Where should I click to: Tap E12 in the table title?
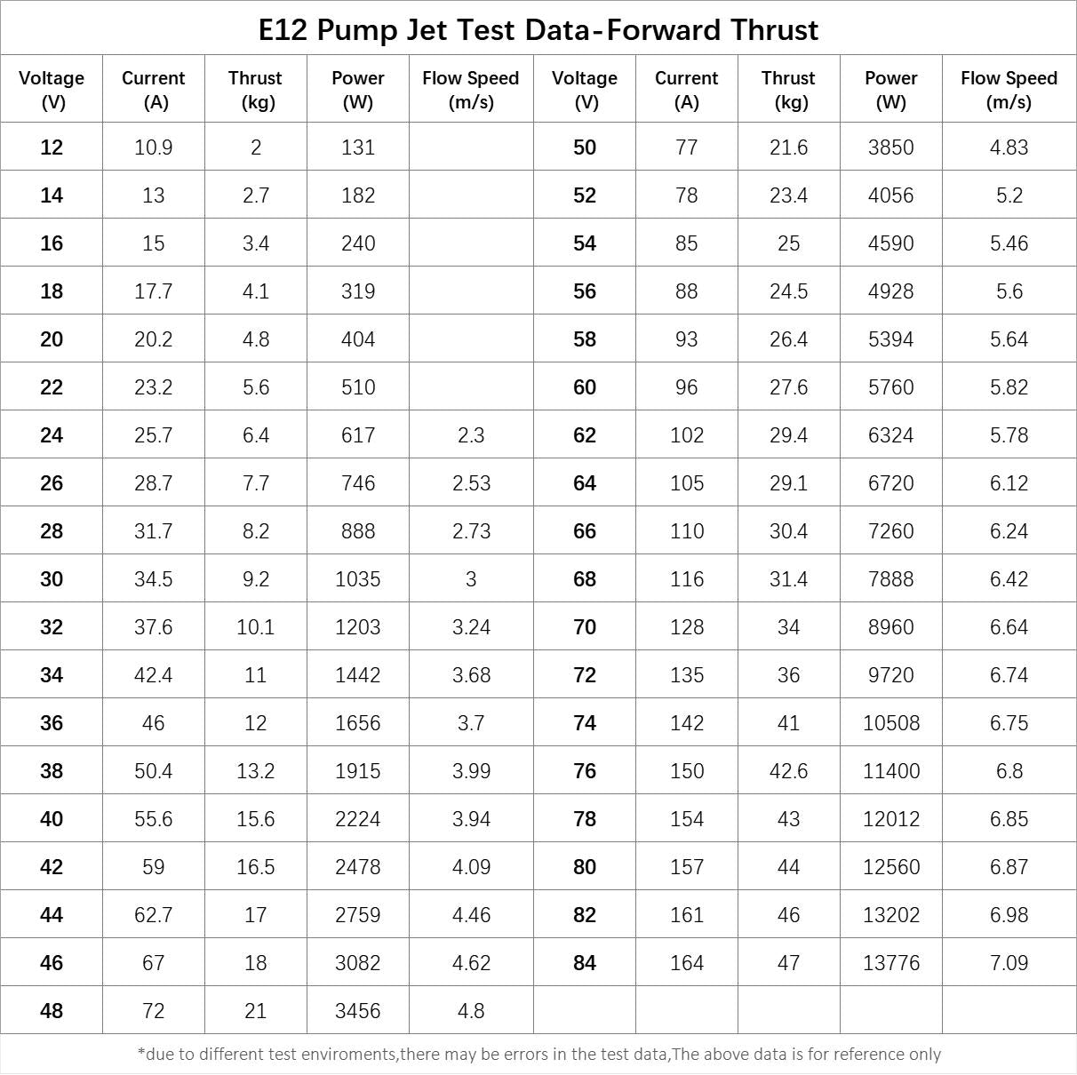283,30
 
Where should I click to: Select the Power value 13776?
890,963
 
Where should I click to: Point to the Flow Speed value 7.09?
1009,963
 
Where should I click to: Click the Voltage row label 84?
585,963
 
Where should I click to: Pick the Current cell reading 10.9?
153,147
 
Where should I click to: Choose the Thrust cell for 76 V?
788,771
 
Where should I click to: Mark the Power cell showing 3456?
357,1011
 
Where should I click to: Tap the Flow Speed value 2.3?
471,435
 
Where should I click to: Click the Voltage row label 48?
52,1011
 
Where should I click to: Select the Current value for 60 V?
686,387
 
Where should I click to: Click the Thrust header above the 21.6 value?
788,89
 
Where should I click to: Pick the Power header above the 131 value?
357,89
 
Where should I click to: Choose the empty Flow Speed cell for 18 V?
471,291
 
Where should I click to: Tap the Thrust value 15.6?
255,819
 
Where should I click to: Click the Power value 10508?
890,723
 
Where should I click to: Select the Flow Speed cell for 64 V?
1009,483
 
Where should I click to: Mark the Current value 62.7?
153,915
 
